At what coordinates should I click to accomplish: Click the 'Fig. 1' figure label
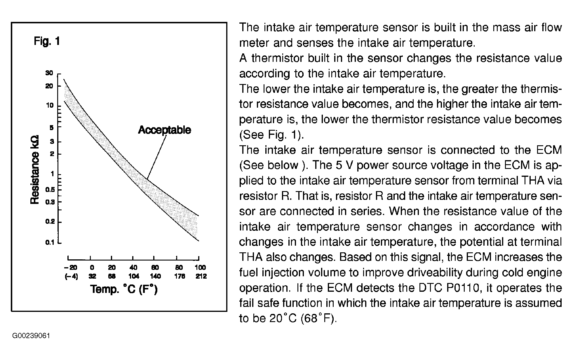coord(47,41)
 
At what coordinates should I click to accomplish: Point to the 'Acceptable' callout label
coord(164,130)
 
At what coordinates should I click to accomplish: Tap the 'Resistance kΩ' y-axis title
coord(35,169)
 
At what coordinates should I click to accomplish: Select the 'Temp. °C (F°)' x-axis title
coord(124,289)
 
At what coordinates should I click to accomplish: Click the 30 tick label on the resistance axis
coord(49,73)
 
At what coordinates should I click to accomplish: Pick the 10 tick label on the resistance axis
coord(50,105)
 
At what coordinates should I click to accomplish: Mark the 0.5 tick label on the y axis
coord(50,190)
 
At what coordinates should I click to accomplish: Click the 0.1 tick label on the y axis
coord(50,242)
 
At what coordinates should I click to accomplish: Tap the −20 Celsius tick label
coord(71,268)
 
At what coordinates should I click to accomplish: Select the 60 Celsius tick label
coord(155,268)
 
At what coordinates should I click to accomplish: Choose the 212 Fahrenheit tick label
coord(201,276)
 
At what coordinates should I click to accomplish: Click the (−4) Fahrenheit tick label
coord(71,276)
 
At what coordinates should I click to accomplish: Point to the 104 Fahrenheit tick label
coord(134,276)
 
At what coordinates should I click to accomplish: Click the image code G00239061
coord(31,336)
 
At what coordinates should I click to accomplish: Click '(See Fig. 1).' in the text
coord(271,135)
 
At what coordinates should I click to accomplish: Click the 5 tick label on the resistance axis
coord(51,127)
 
